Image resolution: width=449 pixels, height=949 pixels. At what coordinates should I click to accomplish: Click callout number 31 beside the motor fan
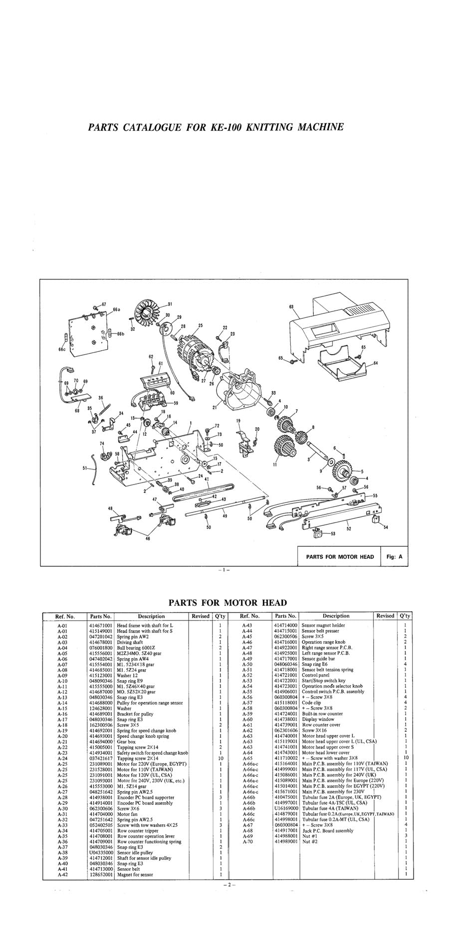[x=170, y=304]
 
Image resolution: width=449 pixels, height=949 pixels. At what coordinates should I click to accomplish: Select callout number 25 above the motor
[x=201, y=326]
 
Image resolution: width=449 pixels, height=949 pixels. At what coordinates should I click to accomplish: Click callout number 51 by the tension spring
[x=85, y=468]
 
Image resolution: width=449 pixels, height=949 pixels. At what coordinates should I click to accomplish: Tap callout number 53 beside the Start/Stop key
[x=332, y=533]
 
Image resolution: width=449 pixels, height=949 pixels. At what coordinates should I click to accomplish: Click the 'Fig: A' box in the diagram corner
[x=394, y=556]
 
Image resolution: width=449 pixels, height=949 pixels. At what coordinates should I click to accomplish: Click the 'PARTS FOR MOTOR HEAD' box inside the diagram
[x=340, y=556]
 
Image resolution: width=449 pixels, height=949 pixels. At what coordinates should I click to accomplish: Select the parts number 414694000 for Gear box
[x=100, y=742]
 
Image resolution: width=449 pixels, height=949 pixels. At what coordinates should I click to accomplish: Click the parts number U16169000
[x=286, y=808]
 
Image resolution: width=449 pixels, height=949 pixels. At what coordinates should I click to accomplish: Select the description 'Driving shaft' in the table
[x=130, y=642]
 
